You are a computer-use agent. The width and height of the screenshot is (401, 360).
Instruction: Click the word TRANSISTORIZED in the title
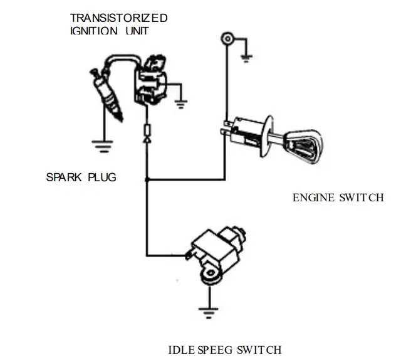tap(118, 17)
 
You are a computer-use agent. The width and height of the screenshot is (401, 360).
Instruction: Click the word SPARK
tap(64, 177)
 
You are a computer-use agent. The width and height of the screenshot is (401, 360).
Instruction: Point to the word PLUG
tap(102, 177)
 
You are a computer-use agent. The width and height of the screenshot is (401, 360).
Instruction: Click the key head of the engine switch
tap(306, 142)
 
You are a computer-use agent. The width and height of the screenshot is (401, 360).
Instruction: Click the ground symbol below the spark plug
tap(102, 146)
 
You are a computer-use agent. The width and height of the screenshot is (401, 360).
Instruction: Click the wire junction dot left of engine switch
tap(146, 181)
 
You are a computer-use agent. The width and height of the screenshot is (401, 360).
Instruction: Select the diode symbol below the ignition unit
tap(147, 135)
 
